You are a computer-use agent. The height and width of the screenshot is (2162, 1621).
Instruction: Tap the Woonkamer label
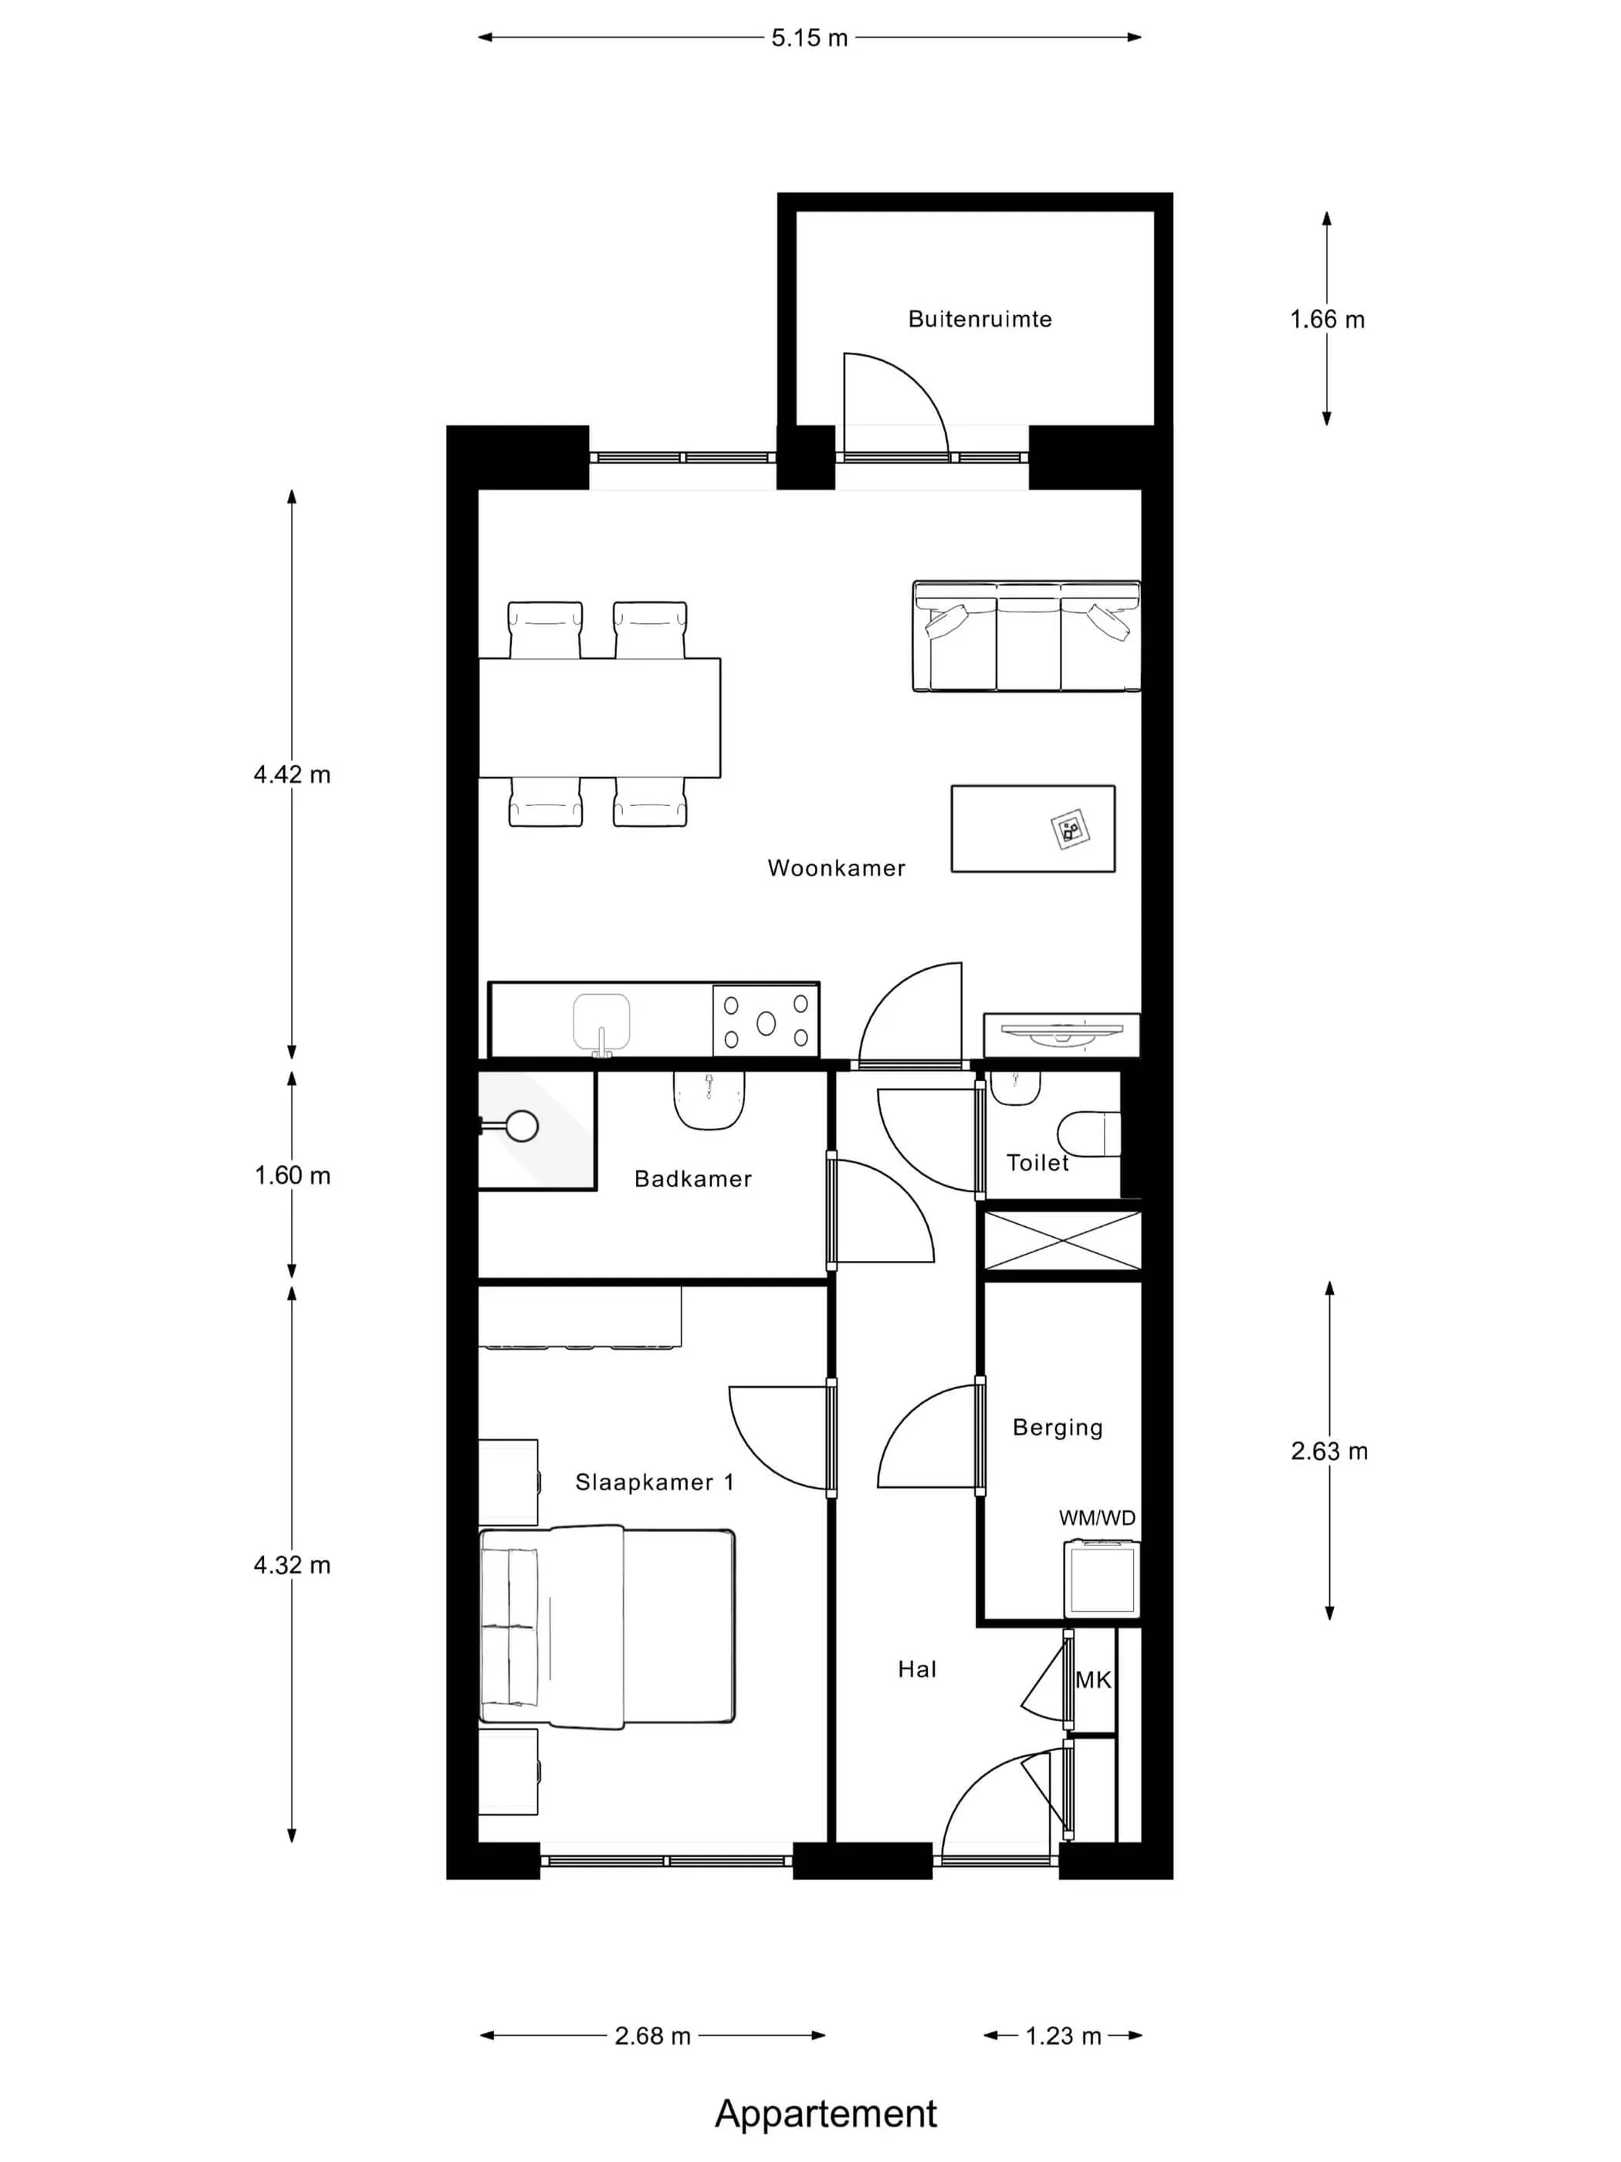pos(837,868)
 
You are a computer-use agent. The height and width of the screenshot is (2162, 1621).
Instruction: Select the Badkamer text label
pos(692,1179)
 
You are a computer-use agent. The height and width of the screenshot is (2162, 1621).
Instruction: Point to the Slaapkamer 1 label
pos(655,1482)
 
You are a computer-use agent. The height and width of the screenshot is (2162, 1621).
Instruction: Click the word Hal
pos(916,1669)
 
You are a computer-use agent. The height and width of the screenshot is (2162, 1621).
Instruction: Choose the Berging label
pos(1058,1428)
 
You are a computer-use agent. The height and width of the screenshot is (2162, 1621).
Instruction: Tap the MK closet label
pos(1093,1680)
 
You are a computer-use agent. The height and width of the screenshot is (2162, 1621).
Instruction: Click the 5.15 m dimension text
pos(809,38)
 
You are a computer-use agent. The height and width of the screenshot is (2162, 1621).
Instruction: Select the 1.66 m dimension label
pos(1327,320)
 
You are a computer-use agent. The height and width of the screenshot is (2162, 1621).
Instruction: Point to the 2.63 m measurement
pos(1329,1452)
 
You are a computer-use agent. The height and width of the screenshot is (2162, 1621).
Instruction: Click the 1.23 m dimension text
pos(1063,2036)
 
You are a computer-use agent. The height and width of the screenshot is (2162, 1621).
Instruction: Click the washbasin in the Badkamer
pos(709,1100)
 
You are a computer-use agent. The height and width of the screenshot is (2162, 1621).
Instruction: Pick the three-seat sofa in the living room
pos(1026,636)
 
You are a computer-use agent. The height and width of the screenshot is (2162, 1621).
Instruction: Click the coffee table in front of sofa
pos(1033,828)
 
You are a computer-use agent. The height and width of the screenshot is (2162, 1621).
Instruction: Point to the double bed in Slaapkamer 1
pos(607,1628)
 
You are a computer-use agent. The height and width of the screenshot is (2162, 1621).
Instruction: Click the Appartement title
pos(826,2113)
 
